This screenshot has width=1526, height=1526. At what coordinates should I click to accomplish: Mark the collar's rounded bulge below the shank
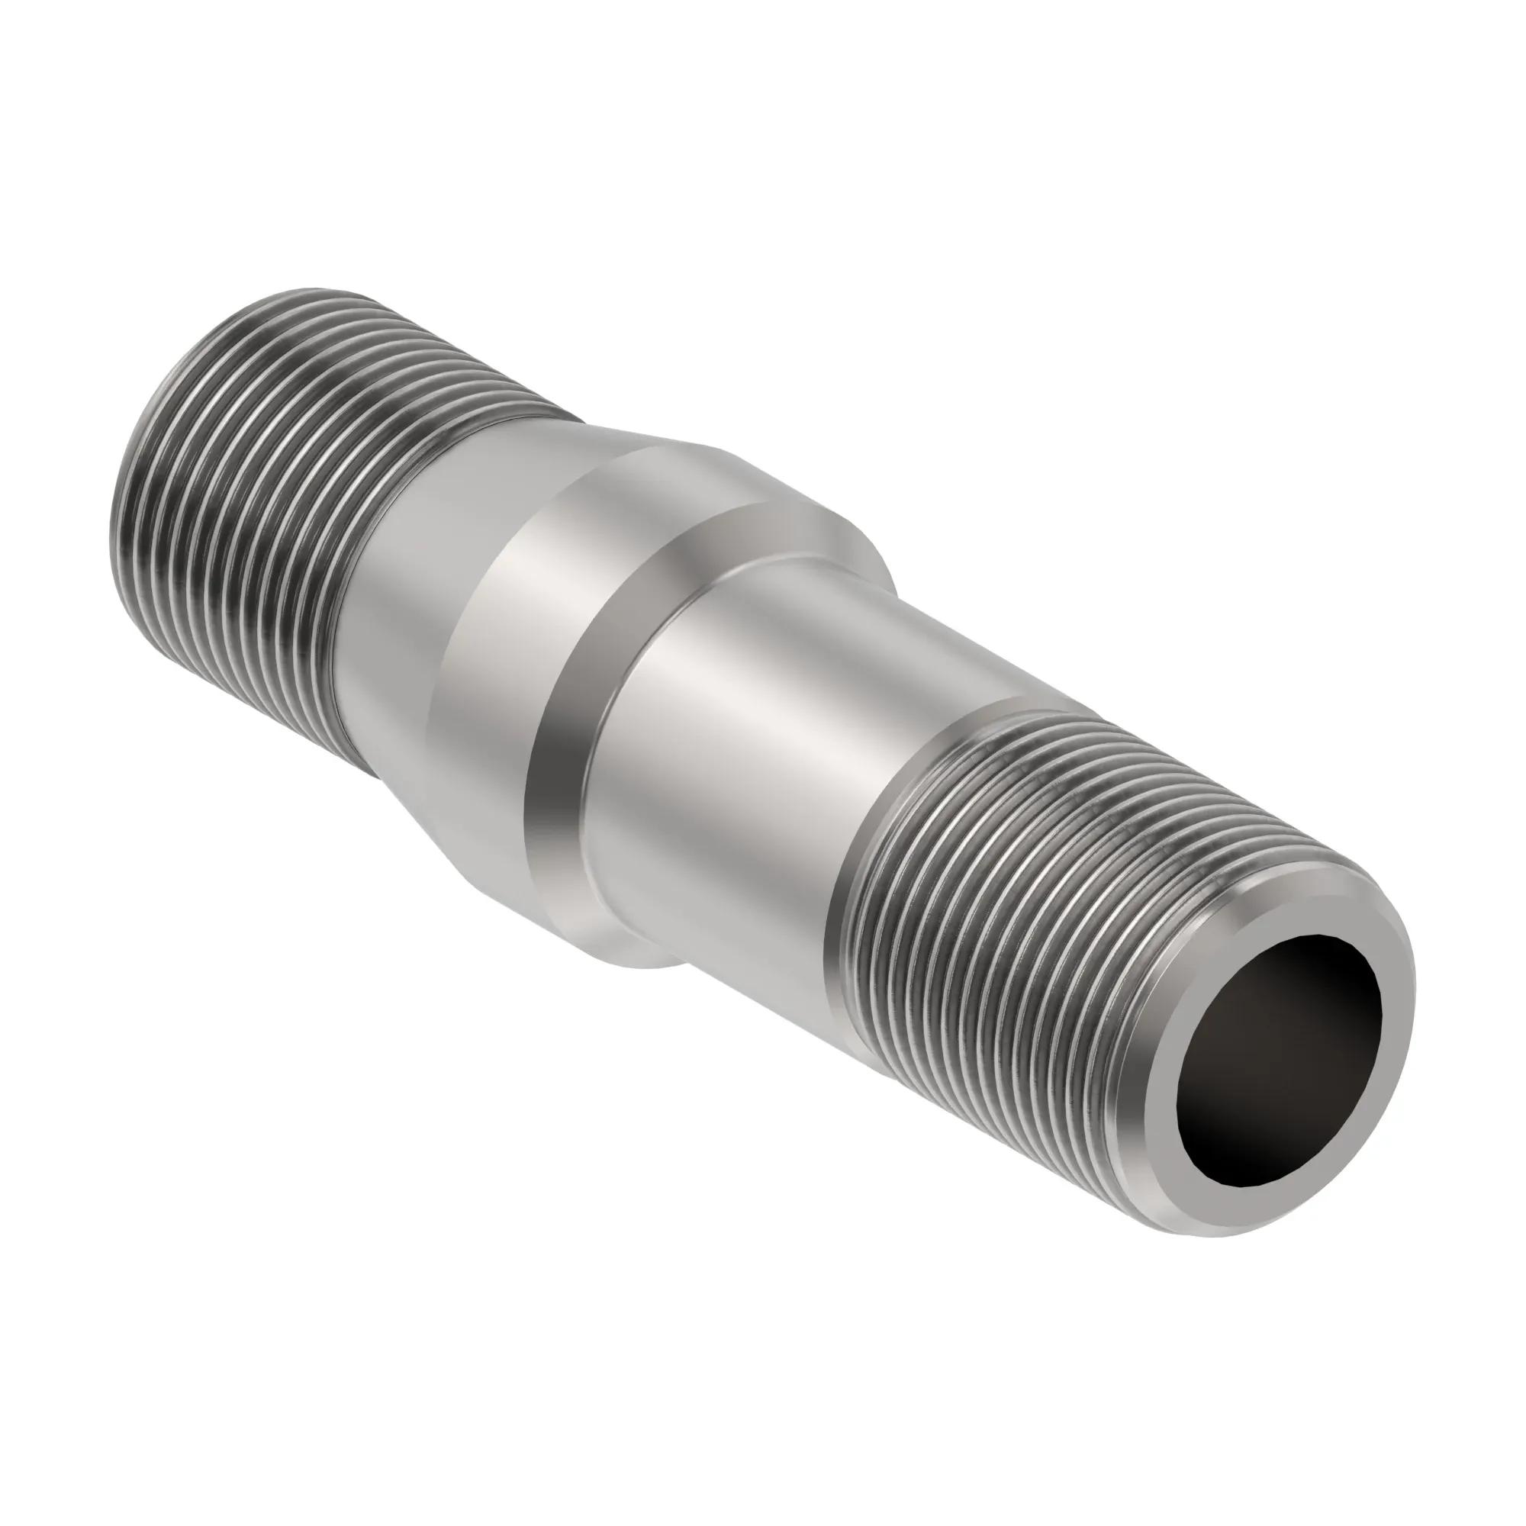point(624,948)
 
